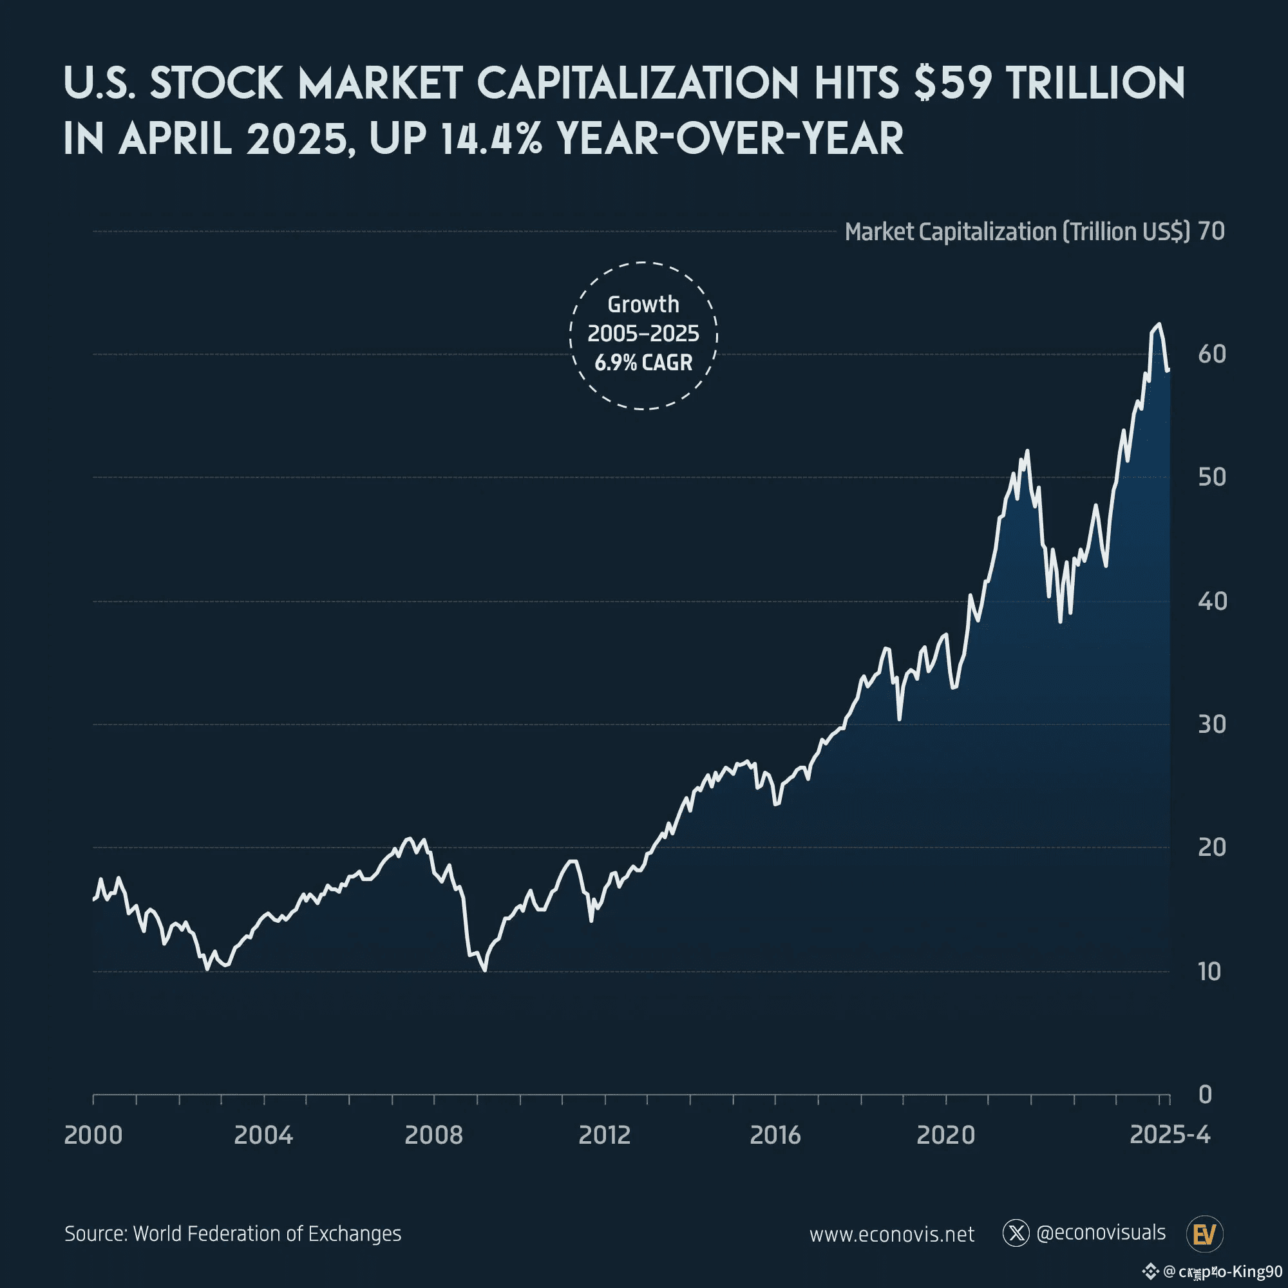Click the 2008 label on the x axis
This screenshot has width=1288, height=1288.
point(433,1135)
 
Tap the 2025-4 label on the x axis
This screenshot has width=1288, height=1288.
point(1170,1134)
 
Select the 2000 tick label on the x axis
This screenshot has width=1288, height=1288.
point(93,1135)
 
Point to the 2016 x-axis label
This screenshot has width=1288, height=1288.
point(775,1135)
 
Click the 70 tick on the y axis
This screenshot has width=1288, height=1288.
point(1211,231)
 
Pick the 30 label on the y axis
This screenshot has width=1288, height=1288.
point(1211,724)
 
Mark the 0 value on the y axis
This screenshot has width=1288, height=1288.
point(1206,1095)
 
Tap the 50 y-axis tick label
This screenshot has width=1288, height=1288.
point(1211,477)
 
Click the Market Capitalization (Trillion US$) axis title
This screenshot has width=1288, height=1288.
point(1017,232)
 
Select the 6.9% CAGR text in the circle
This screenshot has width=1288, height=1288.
point(643,363)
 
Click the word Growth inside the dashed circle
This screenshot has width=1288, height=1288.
point(643,305)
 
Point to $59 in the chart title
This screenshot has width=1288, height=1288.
point(952,83)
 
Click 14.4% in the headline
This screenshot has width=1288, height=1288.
point(491,138)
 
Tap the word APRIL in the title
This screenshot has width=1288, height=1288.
point(175,138)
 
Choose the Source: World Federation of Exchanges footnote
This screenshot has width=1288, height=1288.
point(232,1233)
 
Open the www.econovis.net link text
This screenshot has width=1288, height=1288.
point(892,1234)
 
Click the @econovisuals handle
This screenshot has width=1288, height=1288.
point(1101,1233)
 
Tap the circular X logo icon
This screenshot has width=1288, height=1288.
point(1016,1233)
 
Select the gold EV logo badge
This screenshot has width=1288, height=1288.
point(1205,1234)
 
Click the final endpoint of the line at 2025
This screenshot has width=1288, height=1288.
point(1169,370)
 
